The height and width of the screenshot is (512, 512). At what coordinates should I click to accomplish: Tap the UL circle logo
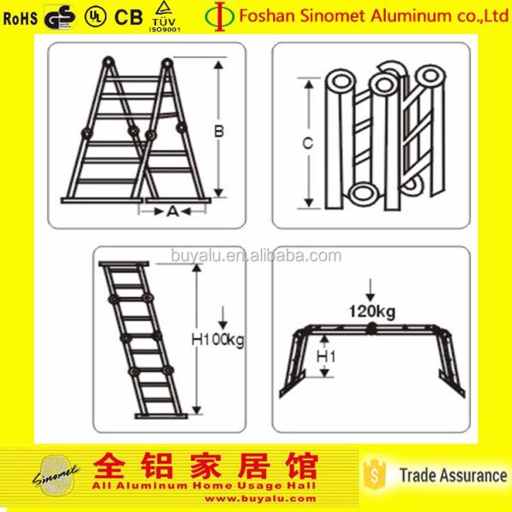pos(93,17)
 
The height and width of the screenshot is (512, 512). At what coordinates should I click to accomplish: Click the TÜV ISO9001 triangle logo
pos(162,16)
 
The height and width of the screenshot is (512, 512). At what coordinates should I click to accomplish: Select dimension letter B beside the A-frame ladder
pos(218,131)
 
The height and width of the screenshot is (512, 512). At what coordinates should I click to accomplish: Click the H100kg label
pos(218,340)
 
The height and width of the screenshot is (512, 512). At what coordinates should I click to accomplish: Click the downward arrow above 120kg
pos(369,289)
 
